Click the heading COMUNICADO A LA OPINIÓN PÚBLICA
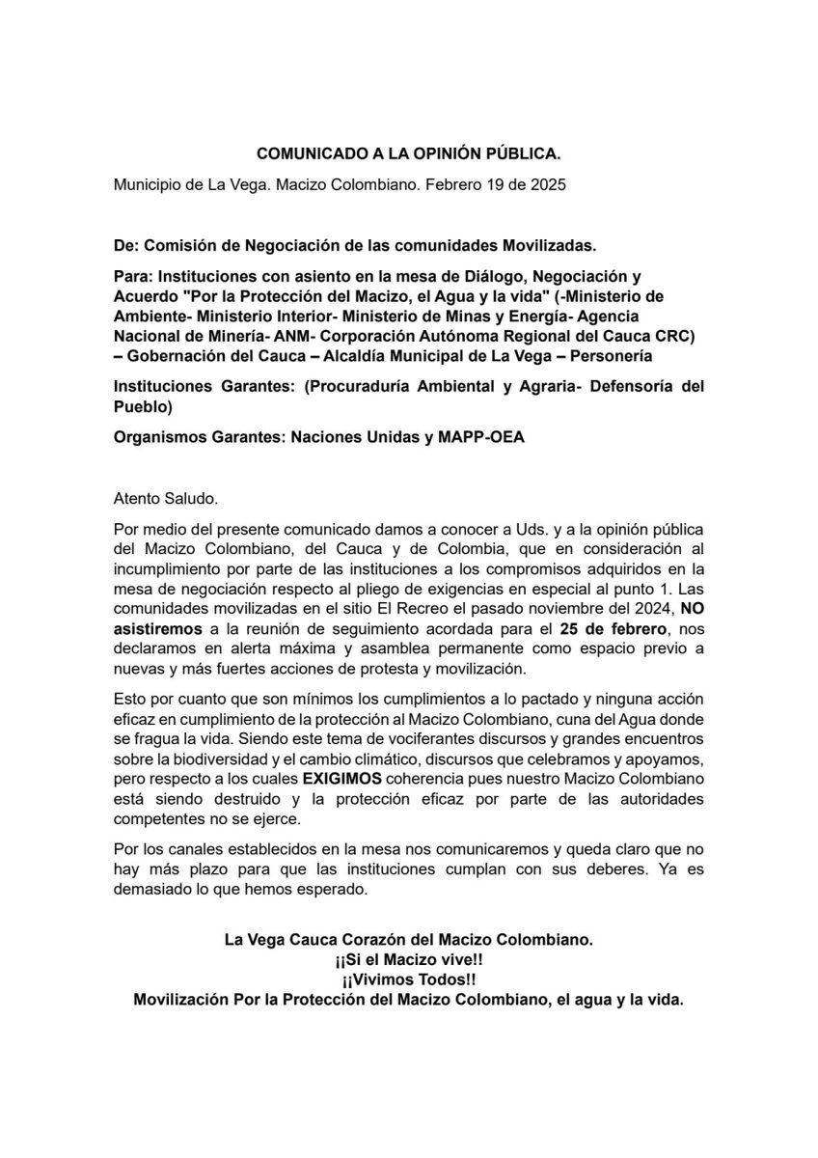[408, 153]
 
